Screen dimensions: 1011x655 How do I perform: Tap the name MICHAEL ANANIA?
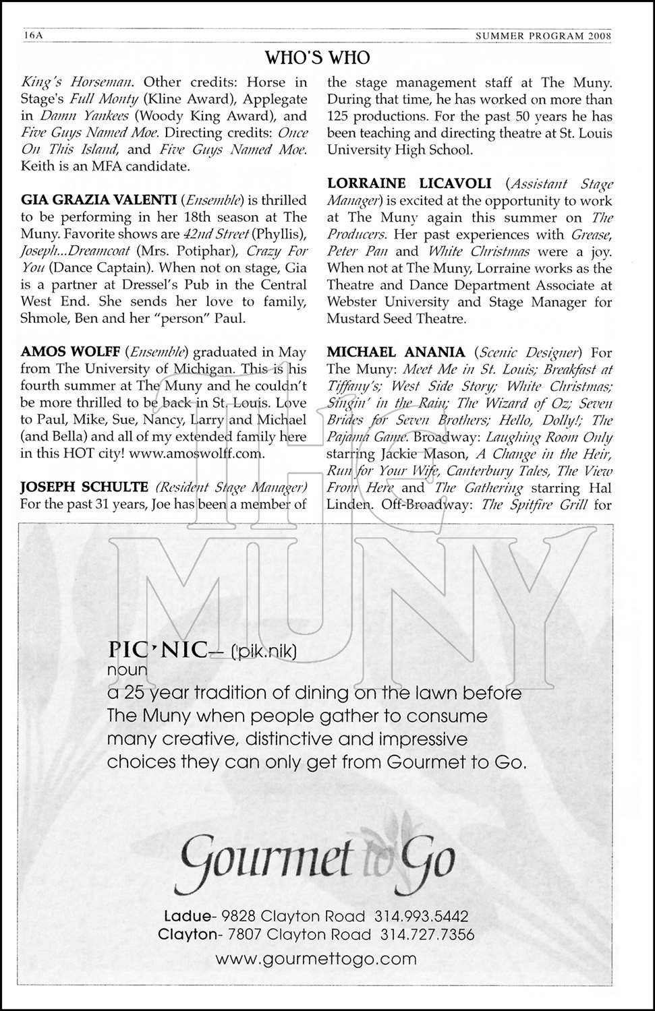396,352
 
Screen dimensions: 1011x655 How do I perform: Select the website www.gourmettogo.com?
316,958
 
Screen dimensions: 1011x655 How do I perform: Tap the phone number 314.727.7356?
427,935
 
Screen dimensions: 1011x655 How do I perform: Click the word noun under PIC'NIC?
127,671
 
